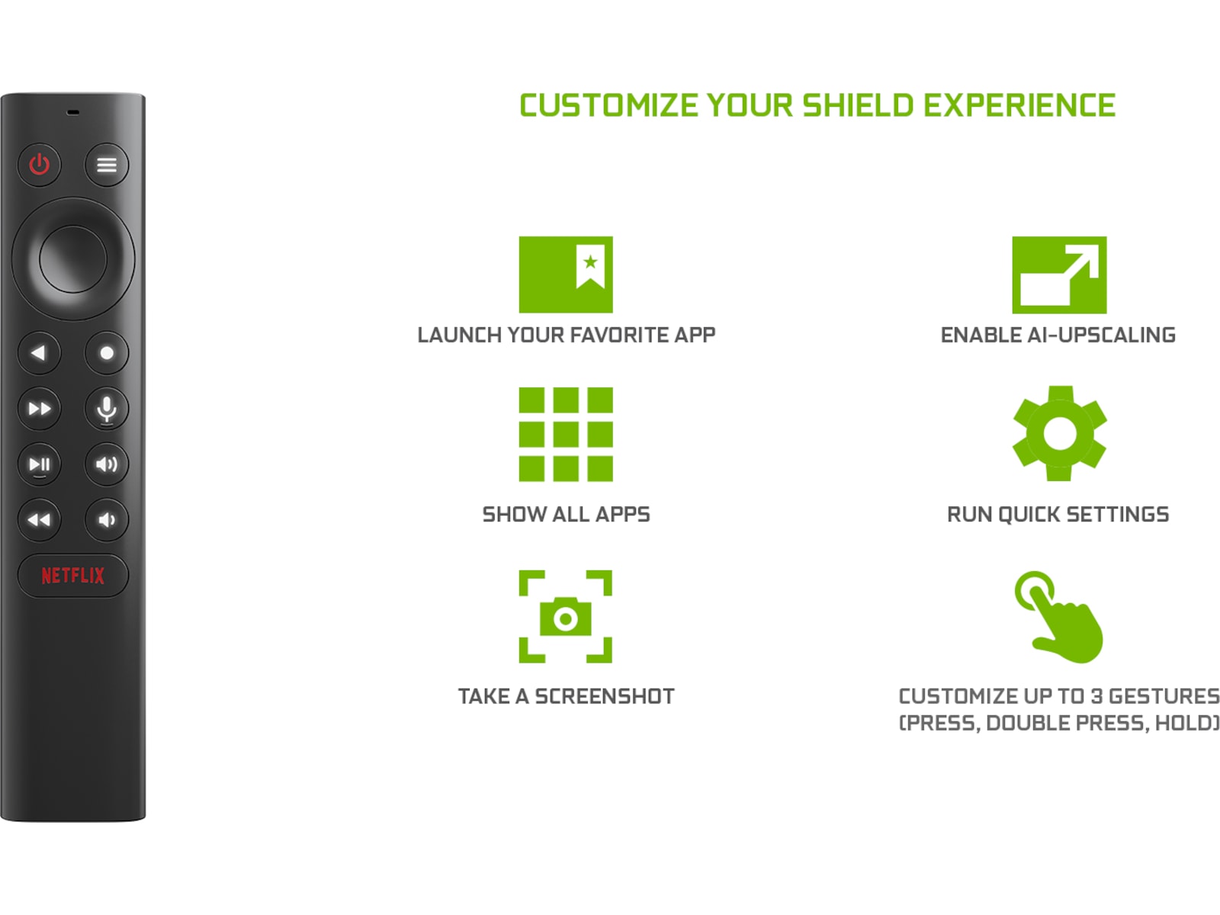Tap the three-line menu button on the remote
[107, 165]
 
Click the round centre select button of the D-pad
[73, 258]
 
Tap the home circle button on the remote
[107, 353]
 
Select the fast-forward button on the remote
[40, 409]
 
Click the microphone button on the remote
[107, 409]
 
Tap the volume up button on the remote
[107, 464]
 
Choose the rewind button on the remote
[40, 520]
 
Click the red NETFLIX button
[73, 576]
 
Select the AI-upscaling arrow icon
[1059, 274]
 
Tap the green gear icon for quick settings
[1059, 433]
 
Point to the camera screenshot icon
[566, 617]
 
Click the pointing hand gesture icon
[1059, 617]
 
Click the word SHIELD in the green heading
[858, 106]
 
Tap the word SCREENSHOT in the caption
[605, 696]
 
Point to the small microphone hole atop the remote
[73, 112]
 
